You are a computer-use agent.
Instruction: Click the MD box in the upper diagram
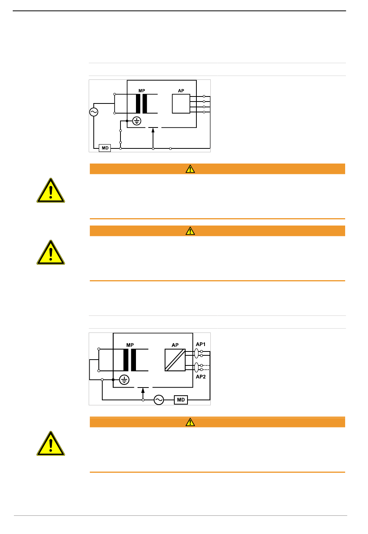pyautogui.click(x=105, y=148)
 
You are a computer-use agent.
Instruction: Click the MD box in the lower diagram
pyautogui.click(x=181, y=400)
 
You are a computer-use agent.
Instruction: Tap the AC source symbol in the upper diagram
pyautogui.click(x=94, y=112)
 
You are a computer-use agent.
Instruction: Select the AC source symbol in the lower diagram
pyautogui.click(x=159, y=400)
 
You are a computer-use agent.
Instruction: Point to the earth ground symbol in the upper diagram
pyautogui.click(x=137, y=121)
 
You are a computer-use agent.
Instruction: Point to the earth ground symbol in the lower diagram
pyautogui.click(x=124, y=380)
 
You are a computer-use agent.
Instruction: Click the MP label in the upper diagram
pyautogui.click(x=141, y=91)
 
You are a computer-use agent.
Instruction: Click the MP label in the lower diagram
pyautogui.click(x=130, y=345)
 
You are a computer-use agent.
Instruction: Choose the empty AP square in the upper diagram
pyautogui.click(x=181, y=104)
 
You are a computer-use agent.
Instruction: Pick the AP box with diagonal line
pyautogui.click(x=175, y=360)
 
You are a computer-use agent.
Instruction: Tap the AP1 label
pyautogui.click(x=200, y=344)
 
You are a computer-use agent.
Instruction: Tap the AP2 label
pyautogui.click(x=200, y=377)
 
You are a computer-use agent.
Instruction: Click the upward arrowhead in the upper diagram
pyautogui.click(x=153, y=130)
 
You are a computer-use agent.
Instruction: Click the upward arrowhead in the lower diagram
pyautogui.click(x=143, y=390)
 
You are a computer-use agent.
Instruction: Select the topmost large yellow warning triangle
pyautogui.click(x=50, y=191)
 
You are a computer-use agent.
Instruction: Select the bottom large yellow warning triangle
pyautogui.click(x=50, y=444)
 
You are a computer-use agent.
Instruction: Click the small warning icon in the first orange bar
pyautogui.click(x=190, y=169)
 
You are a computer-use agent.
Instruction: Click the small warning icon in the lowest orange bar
pyautogui.click(x=190, y=422)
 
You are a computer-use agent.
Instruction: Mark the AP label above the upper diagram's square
pyautogui.click(x=181, y=91)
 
